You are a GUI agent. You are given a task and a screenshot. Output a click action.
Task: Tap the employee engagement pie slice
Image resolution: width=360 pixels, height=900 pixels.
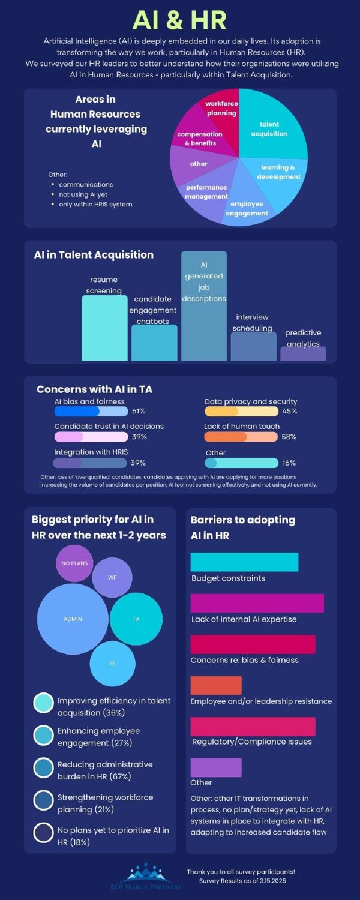point(247,207)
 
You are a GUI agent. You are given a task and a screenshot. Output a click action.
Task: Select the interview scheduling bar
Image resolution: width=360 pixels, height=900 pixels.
point(253,346)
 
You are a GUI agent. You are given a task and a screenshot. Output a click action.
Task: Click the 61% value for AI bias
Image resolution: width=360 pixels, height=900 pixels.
point(139,411)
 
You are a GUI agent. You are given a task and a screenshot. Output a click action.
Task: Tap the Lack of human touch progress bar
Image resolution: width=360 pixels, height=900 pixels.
point(241,437)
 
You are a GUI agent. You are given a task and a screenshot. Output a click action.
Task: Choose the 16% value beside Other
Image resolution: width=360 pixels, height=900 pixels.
point(289,463)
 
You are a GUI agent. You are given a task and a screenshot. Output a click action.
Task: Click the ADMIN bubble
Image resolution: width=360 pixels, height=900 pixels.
point(73,619)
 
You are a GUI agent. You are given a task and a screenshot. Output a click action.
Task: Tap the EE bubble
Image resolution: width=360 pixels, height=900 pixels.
point(112,664)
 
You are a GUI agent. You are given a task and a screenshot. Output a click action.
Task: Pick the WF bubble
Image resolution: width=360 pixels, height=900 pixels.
point(112,577)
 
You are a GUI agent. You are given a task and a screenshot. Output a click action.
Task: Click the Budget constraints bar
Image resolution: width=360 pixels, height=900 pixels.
point(244,562)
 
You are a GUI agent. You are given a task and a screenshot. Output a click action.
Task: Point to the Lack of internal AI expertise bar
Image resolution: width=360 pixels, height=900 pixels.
point(257,603)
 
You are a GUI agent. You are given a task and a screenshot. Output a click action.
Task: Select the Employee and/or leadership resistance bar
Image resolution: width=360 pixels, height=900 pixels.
point(216,685)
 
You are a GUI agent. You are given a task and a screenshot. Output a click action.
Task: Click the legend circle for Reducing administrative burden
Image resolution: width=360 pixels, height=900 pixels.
point(43,768)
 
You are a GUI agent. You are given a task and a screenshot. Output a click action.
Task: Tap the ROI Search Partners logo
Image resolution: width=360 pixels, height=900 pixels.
point(149,877)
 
